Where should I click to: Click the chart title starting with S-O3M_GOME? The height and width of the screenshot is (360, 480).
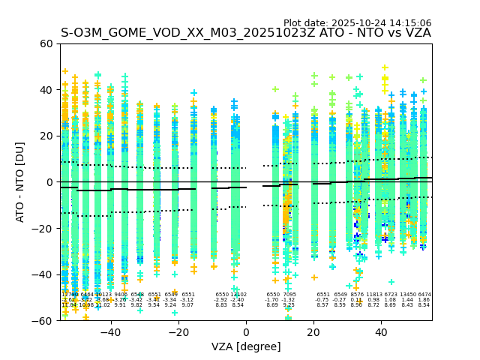point(245,33)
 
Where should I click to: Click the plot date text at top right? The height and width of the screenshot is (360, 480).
point(357,23)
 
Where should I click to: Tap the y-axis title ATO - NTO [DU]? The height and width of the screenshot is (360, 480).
point(20,182)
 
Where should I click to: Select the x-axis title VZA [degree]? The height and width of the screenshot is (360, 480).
point(245,346)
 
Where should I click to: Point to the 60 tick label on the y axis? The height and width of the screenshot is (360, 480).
point(46,43)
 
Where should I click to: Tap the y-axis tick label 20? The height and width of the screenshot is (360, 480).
point(46,136)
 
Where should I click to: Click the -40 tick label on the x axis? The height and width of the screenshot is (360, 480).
point(110,331)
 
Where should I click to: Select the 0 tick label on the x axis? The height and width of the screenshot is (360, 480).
point(246,331)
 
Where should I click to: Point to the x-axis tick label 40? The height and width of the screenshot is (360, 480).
point(381,331)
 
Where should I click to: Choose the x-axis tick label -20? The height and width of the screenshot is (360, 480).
point(178,331)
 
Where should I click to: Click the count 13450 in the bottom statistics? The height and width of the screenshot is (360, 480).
point(408,295)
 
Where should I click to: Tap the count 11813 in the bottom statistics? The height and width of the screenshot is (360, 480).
point(373,295)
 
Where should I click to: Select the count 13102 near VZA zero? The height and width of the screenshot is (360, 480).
point(238,295)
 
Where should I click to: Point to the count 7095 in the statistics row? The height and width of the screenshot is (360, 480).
point(289,295)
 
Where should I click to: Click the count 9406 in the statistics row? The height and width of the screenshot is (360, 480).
point(120,295)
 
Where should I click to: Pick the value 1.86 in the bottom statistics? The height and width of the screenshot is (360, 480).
point(424,300)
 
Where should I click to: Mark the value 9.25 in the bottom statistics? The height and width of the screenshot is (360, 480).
point(289,305)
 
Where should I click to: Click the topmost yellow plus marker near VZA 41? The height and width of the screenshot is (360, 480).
point(385,68)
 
